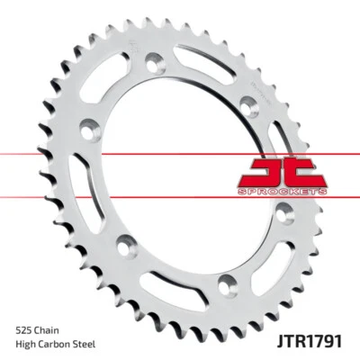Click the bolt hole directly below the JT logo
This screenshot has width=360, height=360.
[x=284, y=212]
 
